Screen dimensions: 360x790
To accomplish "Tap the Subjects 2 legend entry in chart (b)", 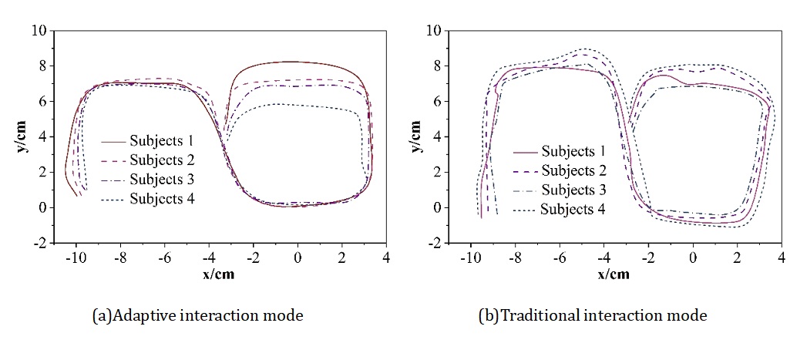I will pos(573,170).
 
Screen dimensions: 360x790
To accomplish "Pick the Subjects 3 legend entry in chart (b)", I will pos(573,190).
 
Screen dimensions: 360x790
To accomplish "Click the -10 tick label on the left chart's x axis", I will pos(74,259).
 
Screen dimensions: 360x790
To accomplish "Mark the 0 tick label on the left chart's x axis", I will pos(297,259).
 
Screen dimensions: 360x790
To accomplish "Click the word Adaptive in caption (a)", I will pos(138,315).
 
